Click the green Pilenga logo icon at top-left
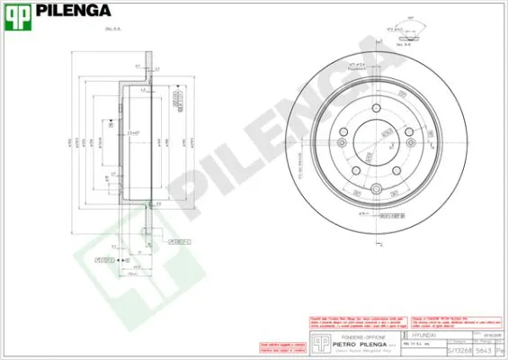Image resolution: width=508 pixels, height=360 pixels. [x=19, y=13]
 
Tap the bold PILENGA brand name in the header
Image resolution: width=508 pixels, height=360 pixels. [x=74, y=13]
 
